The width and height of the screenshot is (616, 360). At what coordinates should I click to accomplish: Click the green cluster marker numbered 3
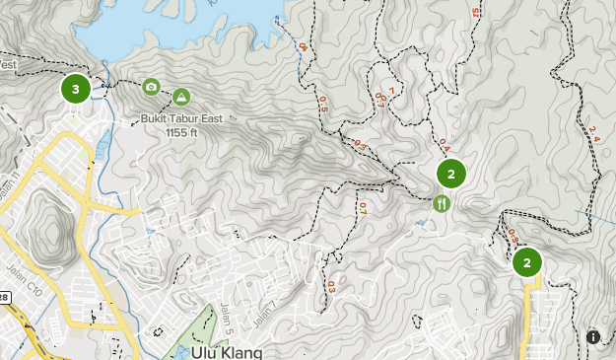click(x=76, y=89)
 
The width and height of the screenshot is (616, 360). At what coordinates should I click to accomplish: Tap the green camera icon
click(x=151, y=87)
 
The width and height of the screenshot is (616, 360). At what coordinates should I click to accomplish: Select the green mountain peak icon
click(x=181, y=97)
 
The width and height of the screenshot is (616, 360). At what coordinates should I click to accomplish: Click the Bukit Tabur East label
click(x=180, y=118)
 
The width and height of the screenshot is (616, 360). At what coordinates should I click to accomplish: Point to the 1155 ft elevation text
click(x=181, y=131)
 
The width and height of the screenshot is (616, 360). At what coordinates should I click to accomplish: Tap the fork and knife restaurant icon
click(x=441, y=203)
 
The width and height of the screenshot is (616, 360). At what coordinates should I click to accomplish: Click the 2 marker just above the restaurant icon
click(x=450, y=175)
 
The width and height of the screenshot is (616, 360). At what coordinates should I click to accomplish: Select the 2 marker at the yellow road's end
click(x=527, y=262)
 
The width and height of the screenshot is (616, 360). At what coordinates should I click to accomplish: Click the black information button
click(x=593, y=337)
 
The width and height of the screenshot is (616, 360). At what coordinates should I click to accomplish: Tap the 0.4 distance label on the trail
click(x=444, y=144)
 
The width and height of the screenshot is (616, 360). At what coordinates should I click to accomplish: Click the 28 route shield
click(x=4, y=297)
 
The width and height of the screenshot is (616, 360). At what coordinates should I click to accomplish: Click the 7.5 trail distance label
click(x=476, y=12)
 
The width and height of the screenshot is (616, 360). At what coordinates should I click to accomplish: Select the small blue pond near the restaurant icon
click(x=422, y=223)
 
